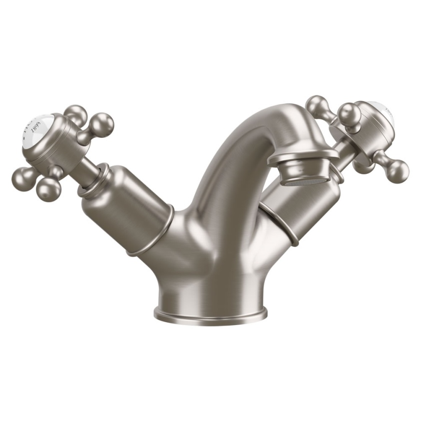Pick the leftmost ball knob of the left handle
pos(22,178)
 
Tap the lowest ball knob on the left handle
pos(48,188)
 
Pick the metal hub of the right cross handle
pos(367,130)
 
